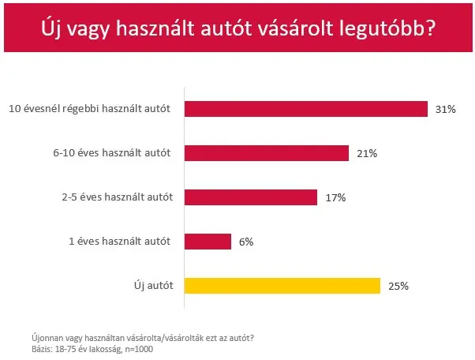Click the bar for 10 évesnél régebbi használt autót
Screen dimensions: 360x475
305,109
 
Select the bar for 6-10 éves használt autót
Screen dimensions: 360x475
266,153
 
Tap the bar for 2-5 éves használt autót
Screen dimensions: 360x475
250,197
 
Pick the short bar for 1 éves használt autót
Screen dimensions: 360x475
208,242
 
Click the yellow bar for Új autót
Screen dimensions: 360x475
282,286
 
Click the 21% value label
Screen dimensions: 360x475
367,154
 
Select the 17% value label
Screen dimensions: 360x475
335,198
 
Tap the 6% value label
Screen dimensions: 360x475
245,242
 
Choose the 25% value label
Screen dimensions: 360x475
398,287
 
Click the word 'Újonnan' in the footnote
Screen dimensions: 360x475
46,339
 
